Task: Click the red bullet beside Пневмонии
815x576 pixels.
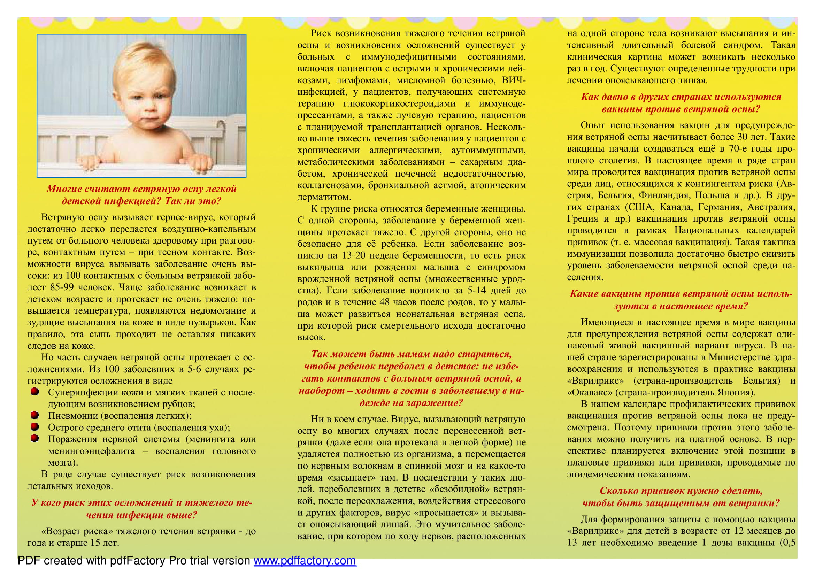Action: (34, 415)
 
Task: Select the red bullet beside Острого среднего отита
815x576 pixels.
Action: (34, 427)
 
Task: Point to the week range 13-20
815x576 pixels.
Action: (354, 255)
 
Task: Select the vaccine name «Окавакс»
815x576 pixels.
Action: (589, 392)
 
